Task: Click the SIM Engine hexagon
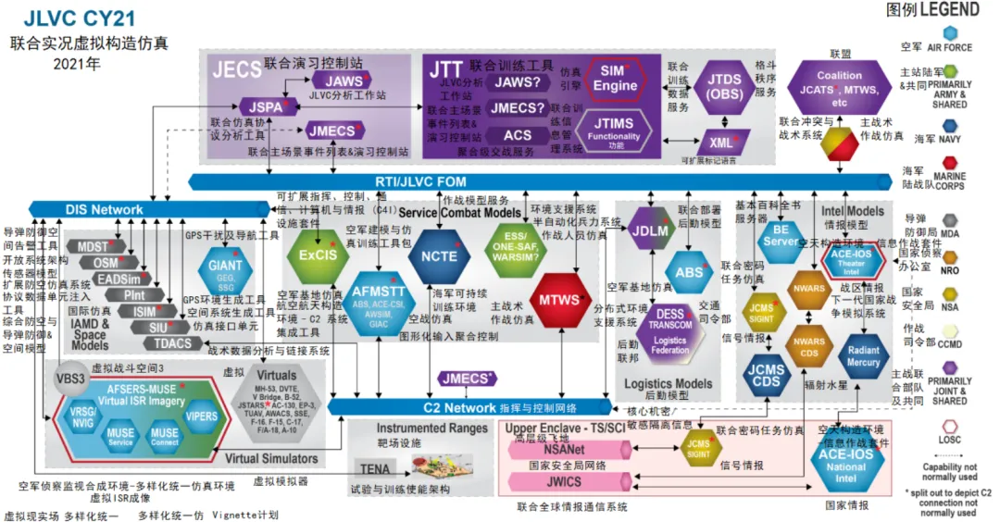pos(615,80)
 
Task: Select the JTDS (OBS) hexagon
pos(725,87)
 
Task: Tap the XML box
pos(721,143)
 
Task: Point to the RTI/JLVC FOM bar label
pos(420,181)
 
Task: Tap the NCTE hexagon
pos(439,255)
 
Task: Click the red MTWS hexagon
pos(559,299)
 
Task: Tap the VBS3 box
pos(71,378)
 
